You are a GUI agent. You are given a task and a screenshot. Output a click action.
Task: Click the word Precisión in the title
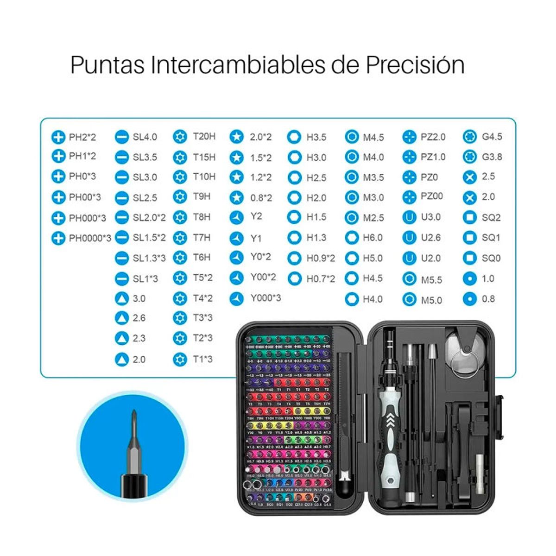(415, 65)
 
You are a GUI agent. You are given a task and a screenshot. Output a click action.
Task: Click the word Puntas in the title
(107, 65)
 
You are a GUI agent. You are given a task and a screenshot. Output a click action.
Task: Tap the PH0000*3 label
(90, 238)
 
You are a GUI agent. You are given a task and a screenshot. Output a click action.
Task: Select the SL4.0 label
(145, 137)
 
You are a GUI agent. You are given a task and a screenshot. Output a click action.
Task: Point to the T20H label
(204, 136)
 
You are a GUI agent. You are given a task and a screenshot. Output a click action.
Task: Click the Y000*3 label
(265, 298)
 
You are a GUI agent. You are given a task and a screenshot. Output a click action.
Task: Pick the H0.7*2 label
(321, 279)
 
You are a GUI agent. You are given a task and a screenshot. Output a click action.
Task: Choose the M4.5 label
(373, 137)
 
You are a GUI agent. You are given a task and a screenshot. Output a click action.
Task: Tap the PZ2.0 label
(433, 137)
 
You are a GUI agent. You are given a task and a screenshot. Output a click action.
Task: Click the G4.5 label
(492, 137)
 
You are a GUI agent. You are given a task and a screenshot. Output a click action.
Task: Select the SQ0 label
(491, 258)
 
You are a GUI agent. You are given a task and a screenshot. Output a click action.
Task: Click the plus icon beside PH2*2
(58, 137)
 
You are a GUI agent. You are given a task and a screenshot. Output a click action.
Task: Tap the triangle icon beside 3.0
(121, 298)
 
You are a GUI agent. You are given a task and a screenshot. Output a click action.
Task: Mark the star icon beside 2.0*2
(237, 137)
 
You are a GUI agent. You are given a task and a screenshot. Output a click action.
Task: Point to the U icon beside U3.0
(409, 217)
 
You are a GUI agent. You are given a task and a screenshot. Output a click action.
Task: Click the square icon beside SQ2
(470, 217)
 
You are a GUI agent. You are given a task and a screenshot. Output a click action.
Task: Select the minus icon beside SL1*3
(121, 278)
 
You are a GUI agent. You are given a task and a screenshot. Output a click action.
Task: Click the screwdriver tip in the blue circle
(133, 424)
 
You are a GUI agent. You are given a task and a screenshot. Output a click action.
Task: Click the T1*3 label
(202, 359)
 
